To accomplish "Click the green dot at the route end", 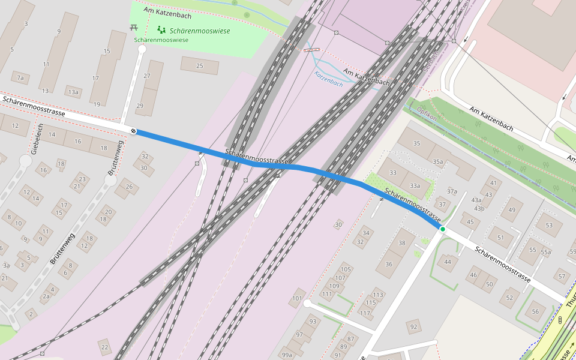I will coord(442,229).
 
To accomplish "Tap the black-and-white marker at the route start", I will coord(133,131).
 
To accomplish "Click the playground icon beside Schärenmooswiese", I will coord(161,29).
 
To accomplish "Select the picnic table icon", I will coord(133,28).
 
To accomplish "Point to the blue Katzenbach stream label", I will coord(329,79).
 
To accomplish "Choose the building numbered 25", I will coord(199,66).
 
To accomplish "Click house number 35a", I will coord(438,161).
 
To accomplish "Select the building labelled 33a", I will coord(414,186).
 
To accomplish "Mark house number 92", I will coord(413,327).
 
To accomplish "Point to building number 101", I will coord(298,298).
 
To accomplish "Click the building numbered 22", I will coord(104,347).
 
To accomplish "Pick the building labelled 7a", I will coord(20,78).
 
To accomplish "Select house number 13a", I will coord(73,92).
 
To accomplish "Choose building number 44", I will coord(448,261).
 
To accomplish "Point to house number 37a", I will coord(452,191).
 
